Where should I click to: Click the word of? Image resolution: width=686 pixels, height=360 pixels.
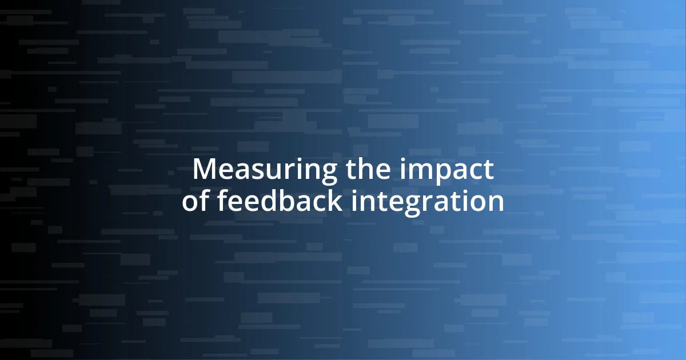[x=196, y=201]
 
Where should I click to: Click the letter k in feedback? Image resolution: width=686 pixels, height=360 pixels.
[x=337, y=201]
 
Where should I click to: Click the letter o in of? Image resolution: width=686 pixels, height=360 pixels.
[x=190, y=202]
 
